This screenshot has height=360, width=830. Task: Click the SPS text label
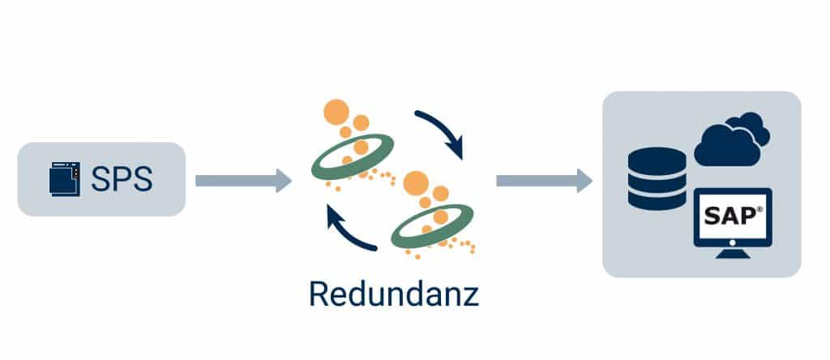pyautogui.click(x=122, y=179)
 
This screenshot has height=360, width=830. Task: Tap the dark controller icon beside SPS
pyautogui.click(x=65, y=179)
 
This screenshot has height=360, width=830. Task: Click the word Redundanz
pyautogui.click(x=393, y=293)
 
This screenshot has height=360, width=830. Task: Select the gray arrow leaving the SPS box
pyautogui.click(x=242, y=179)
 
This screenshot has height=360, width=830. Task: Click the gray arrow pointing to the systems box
pyautogui.click(x=543, y=179)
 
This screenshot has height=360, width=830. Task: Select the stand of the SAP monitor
pyautogui.click(x=733, y=253)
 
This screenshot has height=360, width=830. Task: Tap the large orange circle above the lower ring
pyautogui.click(x=416, y=182)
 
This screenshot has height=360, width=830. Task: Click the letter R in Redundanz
pyautogui.click(x=318, y=293)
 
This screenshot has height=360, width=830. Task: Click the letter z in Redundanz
pyautogui.click(x=470, y=295)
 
